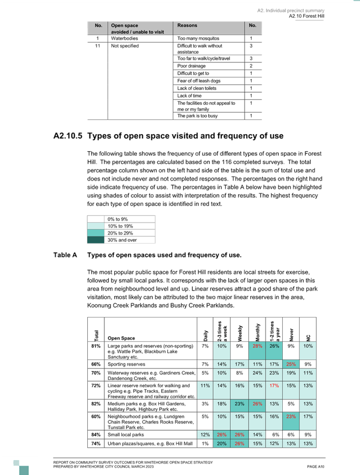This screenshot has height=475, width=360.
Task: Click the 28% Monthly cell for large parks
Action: coord(257,346)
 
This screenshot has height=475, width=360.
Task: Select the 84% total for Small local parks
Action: coord(96,435)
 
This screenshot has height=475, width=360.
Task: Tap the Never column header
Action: coord(291,335)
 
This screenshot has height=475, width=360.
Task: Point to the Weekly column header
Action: coord(240,333)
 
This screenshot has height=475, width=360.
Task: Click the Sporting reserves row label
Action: coord(126,364)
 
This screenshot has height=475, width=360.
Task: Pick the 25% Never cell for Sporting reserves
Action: coord(291,364)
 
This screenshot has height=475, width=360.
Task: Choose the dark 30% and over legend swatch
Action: coord(96,240)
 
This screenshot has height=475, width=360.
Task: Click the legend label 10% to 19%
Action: coord(120,226)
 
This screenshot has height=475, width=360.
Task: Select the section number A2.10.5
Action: coord(68,136)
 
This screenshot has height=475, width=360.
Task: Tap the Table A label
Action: coord(65,255)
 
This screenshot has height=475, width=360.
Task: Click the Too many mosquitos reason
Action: coord(198,39)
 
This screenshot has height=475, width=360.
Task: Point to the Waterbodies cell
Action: coord(124,39)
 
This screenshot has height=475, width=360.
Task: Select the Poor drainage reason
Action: coord(192,66)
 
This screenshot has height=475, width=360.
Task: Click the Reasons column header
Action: coord(187,25)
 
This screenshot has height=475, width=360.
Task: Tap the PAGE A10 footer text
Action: coord(315,467)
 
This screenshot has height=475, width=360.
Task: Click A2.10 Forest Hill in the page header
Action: coord(306,16)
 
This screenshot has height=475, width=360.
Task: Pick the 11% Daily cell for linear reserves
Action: coord(205,386)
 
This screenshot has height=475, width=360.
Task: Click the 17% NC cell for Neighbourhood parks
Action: coord(308,416)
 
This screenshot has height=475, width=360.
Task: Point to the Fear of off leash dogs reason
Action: coord(199,81)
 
